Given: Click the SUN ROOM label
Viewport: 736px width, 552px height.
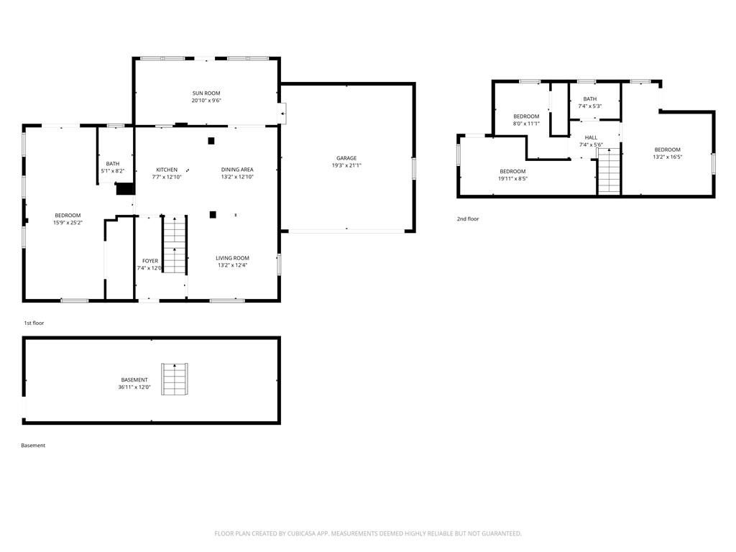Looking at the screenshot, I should click(206, 93).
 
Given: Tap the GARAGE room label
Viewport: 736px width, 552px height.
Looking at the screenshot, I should click(346, 158).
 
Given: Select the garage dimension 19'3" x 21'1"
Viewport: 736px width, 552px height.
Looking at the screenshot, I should click(346, 165).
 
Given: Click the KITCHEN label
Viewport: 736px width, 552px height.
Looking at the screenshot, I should click(167, 170).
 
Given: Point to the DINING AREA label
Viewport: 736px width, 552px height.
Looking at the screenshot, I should click(237, 170).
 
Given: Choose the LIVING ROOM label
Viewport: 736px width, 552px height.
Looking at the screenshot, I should click(232, 258).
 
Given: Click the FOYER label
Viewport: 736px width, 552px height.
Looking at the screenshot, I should click(150, 261).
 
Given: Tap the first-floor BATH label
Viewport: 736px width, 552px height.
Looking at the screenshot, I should click(113, 164).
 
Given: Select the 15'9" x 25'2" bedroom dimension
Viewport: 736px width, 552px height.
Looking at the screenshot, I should click(68, 223).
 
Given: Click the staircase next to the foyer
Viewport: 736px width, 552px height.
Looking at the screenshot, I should click(174, 244).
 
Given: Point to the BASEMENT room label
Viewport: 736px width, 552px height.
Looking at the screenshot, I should click(134, 379).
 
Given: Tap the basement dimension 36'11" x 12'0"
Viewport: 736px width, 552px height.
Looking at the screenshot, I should click(134, 387).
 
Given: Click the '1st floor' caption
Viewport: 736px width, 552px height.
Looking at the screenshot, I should click(34, 323).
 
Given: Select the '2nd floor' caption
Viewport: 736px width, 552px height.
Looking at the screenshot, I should click(467, 218).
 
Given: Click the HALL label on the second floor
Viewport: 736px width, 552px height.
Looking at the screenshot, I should click(591, 137).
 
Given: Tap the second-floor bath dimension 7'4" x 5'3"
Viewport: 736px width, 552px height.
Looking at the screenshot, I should click(590, 106).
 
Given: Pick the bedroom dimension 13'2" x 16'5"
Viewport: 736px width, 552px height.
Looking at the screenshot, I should click(667, 157).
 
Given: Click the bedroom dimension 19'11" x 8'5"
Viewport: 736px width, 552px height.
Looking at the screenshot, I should click(513, 179).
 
